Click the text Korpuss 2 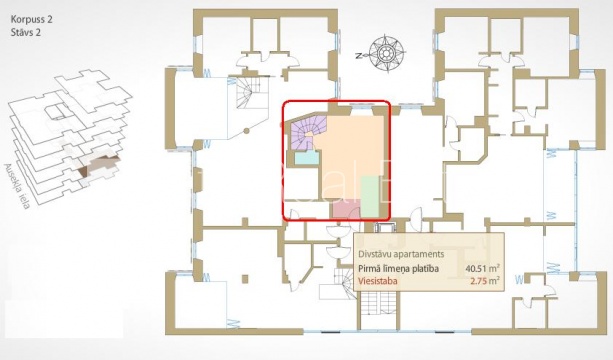31,19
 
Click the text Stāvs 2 26,32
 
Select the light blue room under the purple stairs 307,158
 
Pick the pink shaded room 346,209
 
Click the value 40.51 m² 483,269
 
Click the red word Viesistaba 378,281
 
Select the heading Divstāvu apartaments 401,254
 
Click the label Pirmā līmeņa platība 398,269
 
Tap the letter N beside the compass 358,56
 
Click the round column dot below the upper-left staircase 246,131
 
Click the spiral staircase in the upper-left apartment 249,95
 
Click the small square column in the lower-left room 245,279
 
